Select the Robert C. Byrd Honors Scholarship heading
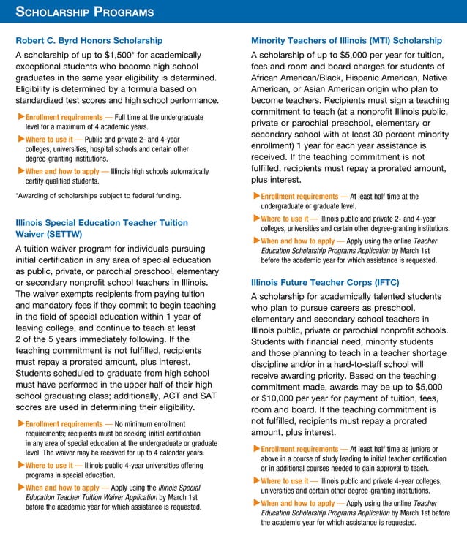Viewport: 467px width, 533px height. [x=89, y=40]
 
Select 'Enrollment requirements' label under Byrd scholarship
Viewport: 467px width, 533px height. [x=64, y=117]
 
